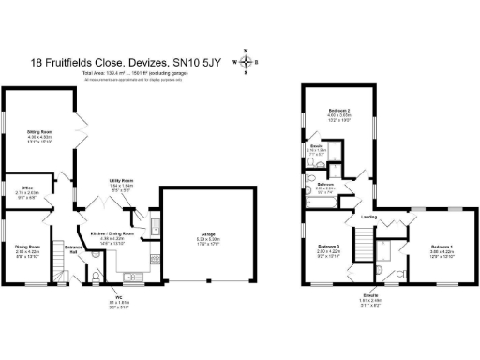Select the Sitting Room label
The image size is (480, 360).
38,133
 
